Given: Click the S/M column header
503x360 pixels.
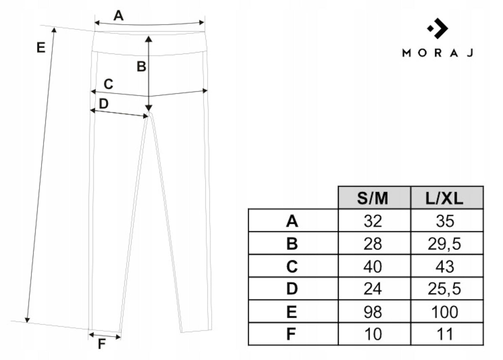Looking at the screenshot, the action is tap(373, 199).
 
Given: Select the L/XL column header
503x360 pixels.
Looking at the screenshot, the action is tap(444, 199).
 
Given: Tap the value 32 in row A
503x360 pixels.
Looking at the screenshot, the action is tap(373, 221).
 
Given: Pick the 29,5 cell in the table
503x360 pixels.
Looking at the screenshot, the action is tap(444, 244).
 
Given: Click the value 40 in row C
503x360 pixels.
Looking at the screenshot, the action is tap(373, 267).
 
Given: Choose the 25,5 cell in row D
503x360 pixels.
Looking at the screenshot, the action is tap(444, 289).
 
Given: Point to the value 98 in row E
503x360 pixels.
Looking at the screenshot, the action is tap(373, 312).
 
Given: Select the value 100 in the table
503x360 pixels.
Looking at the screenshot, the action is tap(445, 312).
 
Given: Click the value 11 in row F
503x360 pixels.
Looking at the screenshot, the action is tap(445, 334).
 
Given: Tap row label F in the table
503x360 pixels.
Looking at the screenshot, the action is tap(291, 334).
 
